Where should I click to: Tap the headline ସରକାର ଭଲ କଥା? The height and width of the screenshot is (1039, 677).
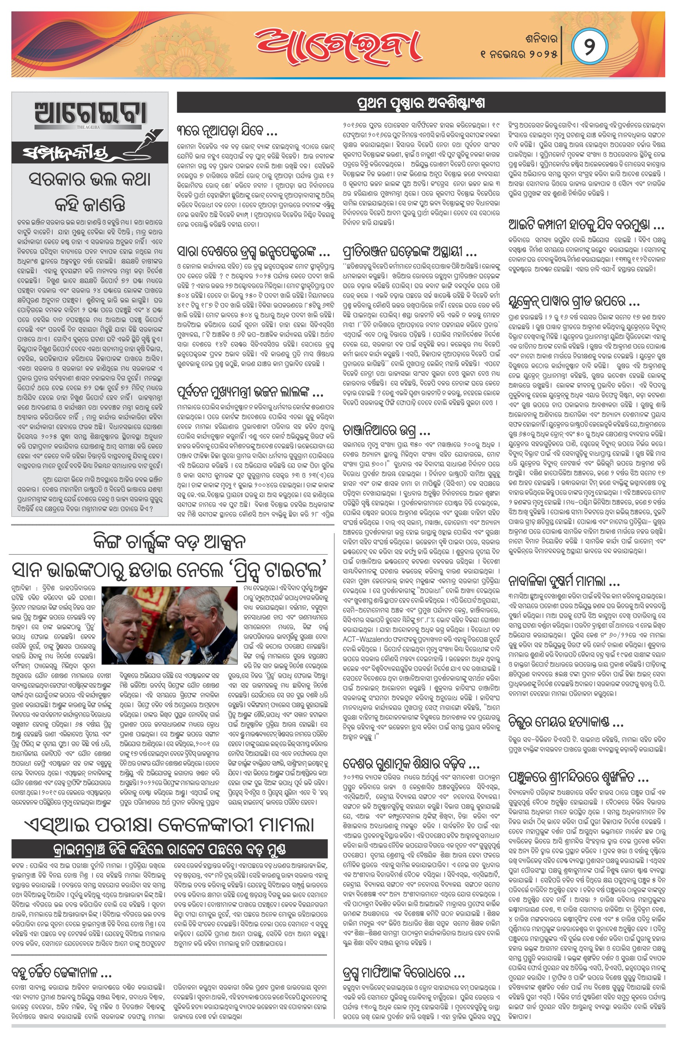point(90,179)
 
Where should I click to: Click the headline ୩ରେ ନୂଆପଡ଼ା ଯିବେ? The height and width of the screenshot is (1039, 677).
point(227,131)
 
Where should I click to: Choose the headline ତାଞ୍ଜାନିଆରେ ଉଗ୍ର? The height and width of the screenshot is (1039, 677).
point(387,432)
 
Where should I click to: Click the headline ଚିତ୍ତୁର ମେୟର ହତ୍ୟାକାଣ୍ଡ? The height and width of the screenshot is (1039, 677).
point(566,722)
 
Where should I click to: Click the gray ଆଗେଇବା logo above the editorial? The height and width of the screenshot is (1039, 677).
point(90,115)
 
